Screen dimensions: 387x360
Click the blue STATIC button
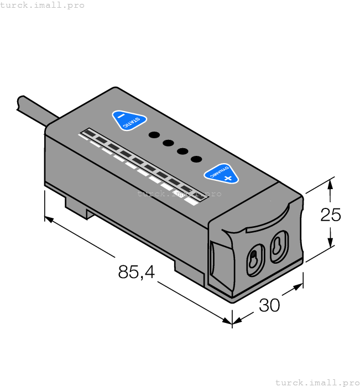tap(129, 121)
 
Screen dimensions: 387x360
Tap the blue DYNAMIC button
tap(221, 173)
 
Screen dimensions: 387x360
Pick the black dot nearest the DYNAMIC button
tap(196, 159)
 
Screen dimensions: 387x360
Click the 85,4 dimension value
tap(136, 271)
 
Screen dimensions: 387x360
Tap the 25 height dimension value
tap(331, 215)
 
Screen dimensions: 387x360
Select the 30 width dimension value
tap(269, 305)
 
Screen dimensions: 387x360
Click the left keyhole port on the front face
tap(253, 258)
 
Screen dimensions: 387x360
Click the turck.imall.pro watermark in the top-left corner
tap(43, 5)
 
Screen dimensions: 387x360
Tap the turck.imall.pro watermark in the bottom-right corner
tap(317, 382)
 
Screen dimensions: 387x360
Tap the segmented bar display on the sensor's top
tap(138, 163)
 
